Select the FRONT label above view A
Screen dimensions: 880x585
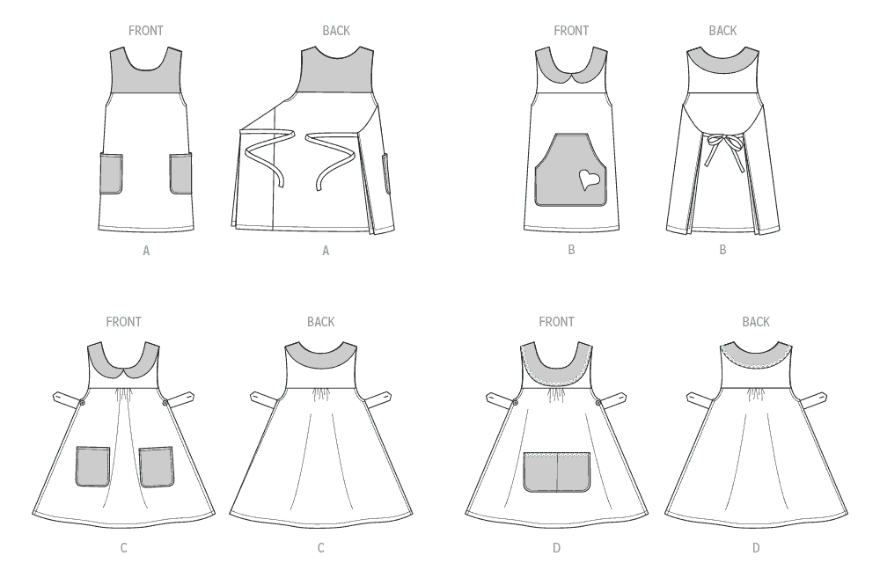tap(146, 31)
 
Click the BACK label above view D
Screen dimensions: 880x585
tap(756, 322)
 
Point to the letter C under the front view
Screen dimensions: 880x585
tap(123, 548)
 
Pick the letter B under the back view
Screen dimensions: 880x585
tap(722, 250)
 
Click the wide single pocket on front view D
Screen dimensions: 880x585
tap(557, 472)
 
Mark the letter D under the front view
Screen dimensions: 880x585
tap(556, 548)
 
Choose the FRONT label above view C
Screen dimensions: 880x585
tap(123, 322)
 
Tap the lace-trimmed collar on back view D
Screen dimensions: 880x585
tap(756, 355)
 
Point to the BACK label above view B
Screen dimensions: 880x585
tap(722, 31)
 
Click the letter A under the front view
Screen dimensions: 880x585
tap(146, 252)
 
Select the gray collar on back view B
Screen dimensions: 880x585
tap(723, 62)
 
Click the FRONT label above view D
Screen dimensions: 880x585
tap(556, 322)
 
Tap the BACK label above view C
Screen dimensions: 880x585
tap(321, 322)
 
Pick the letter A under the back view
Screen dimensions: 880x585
tap(326, 252)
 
